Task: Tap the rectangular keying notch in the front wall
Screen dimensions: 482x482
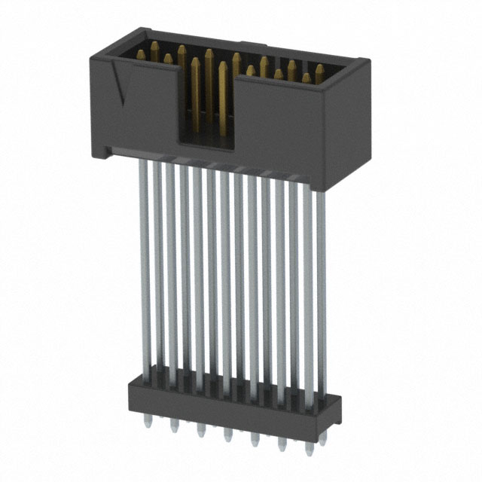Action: [x=205, y=105]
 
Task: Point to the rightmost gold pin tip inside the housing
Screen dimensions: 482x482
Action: [x=319, y=71]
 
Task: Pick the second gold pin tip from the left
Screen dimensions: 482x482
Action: [x=154, y=47]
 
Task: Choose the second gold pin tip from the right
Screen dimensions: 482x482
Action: [x=306, y=77]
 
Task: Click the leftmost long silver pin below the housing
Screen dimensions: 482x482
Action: [x=144, y=264]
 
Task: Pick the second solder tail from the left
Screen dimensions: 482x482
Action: [x=174, y=425]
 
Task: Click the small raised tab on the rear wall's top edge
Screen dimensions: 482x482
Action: [x=246, y=44]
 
